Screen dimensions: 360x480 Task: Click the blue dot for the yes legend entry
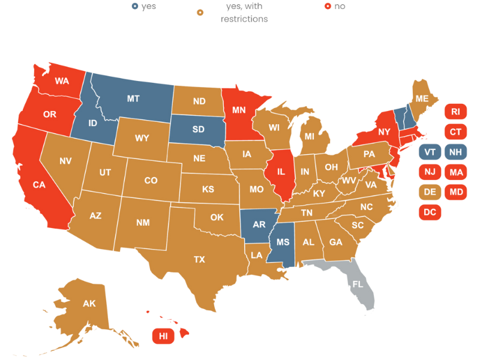coord(134,7)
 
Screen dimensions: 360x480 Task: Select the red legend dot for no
coord(328,7)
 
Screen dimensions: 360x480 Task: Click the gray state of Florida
coord(358,282)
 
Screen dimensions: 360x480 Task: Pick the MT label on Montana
coord(134,98)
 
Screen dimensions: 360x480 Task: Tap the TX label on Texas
coord(199,260)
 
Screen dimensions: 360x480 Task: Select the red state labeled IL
coord(282,171)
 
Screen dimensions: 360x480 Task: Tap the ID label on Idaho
coord(93,123)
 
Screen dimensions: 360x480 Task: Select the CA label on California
coord(40,185)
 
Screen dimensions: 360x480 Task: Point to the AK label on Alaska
coord(89,304)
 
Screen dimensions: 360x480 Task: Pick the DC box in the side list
coord(430,212)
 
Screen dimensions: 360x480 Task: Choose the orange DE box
coord(430,191)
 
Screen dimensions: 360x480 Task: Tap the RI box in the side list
coord(455,111)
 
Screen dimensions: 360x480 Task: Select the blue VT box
coord(430,152)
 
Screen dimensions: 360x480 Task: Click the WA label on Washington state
coord(62,80)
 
